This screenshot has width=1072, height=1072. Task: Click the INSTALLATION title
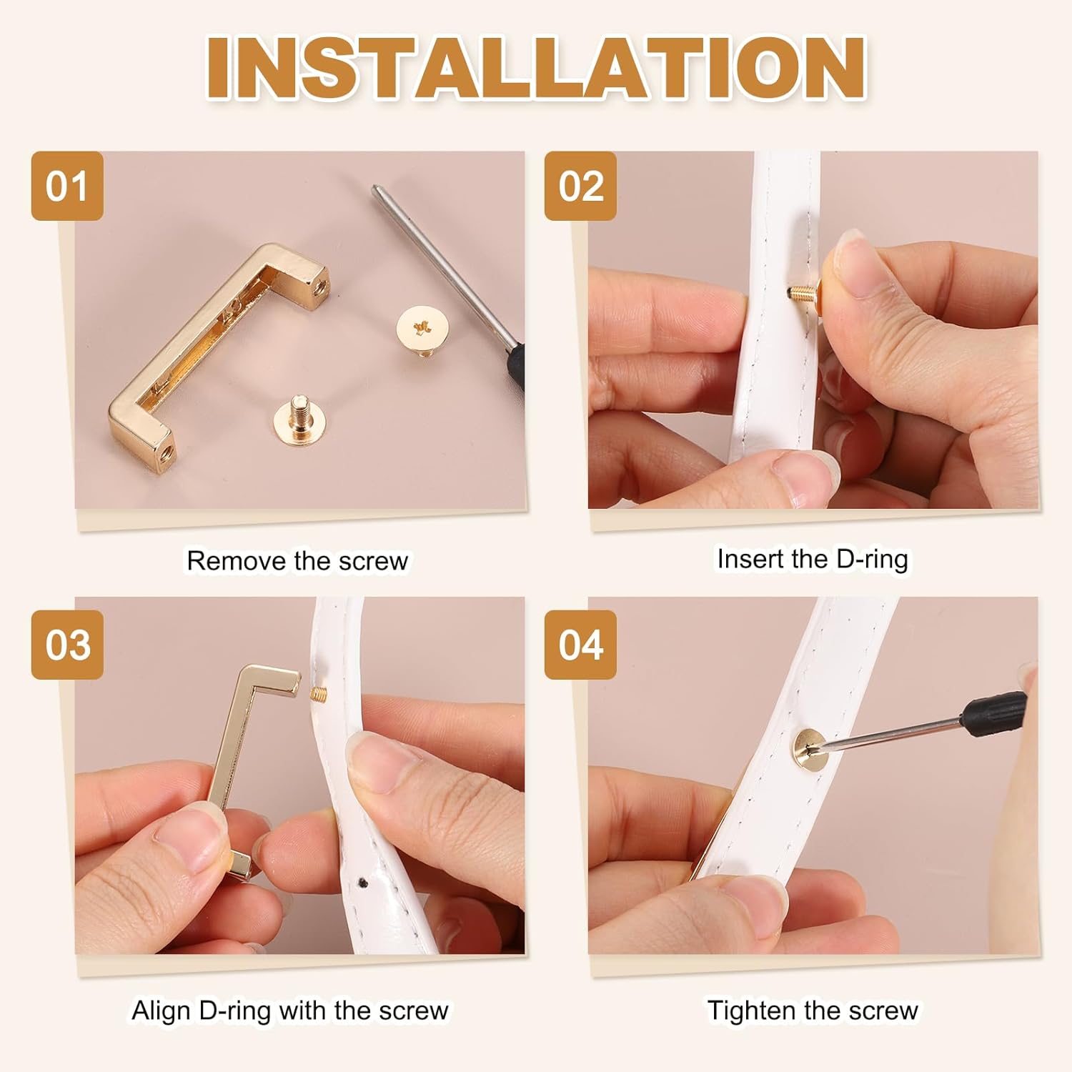tap(536, 68)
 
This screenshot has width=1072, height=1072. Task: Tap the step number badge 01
tap(67, 186)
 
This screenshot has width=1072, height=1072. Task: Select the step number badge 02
tap(580, 186)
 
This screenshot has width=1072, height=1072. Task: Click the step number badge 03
tap(67, 645)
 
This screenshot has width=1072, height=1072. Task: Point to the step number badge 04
tap(580, 645)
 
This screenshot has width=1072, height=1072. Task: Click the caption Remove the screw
tap(297, 561)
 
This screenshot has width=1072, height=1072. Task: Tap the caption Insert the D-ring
tap(813, 559)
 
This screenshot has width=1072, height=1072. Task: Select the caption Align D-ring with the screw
tap(289, 1011)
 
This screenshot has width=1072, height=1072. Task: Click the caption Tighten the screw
tap(813, 1011)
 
